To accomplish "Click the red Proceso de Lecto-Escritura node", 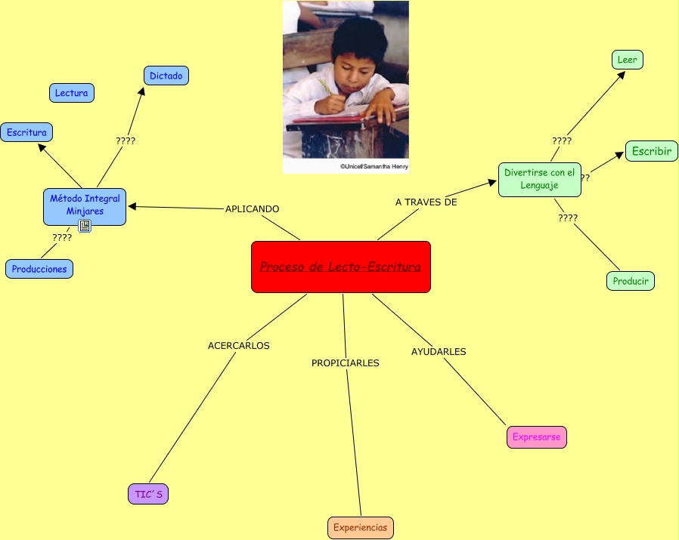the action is coord(340,267).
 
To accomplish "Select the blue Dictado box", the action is coord(166,76).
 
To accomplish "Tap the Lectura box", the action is coord(72,93).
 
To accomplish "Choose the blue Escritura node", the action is coord(26,132).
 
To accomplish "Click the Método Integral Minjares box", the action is coord(85,205).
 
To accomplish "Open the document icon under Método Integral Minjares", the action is coord(85,226).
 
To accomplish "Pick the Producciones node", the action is coord(39,269).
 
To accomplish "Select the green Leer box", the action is coord(627,60).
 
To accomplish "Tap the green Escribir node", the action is coord(651,151).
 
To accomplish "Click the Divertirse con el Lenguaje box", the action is coord(539,179).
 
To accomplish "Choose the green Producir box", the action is coord(631,281).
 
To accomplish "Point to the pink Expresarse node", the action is coord(536,437).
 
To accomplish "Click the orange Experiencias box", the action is coord(361,528).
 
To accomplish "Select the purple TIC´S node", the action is coord(147,494).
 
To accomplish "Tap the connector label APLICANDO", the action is coord(252,208).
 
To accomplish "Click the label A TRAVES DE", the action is coord(426,202).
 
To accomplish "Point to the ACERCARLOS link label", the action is coord(238,345).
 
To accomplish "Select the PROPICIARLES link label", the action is coord(345,363).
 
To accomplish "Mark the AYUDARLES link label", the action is coord(439,351).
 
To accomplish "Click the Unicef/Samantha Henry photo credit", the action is coord(374,166).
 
